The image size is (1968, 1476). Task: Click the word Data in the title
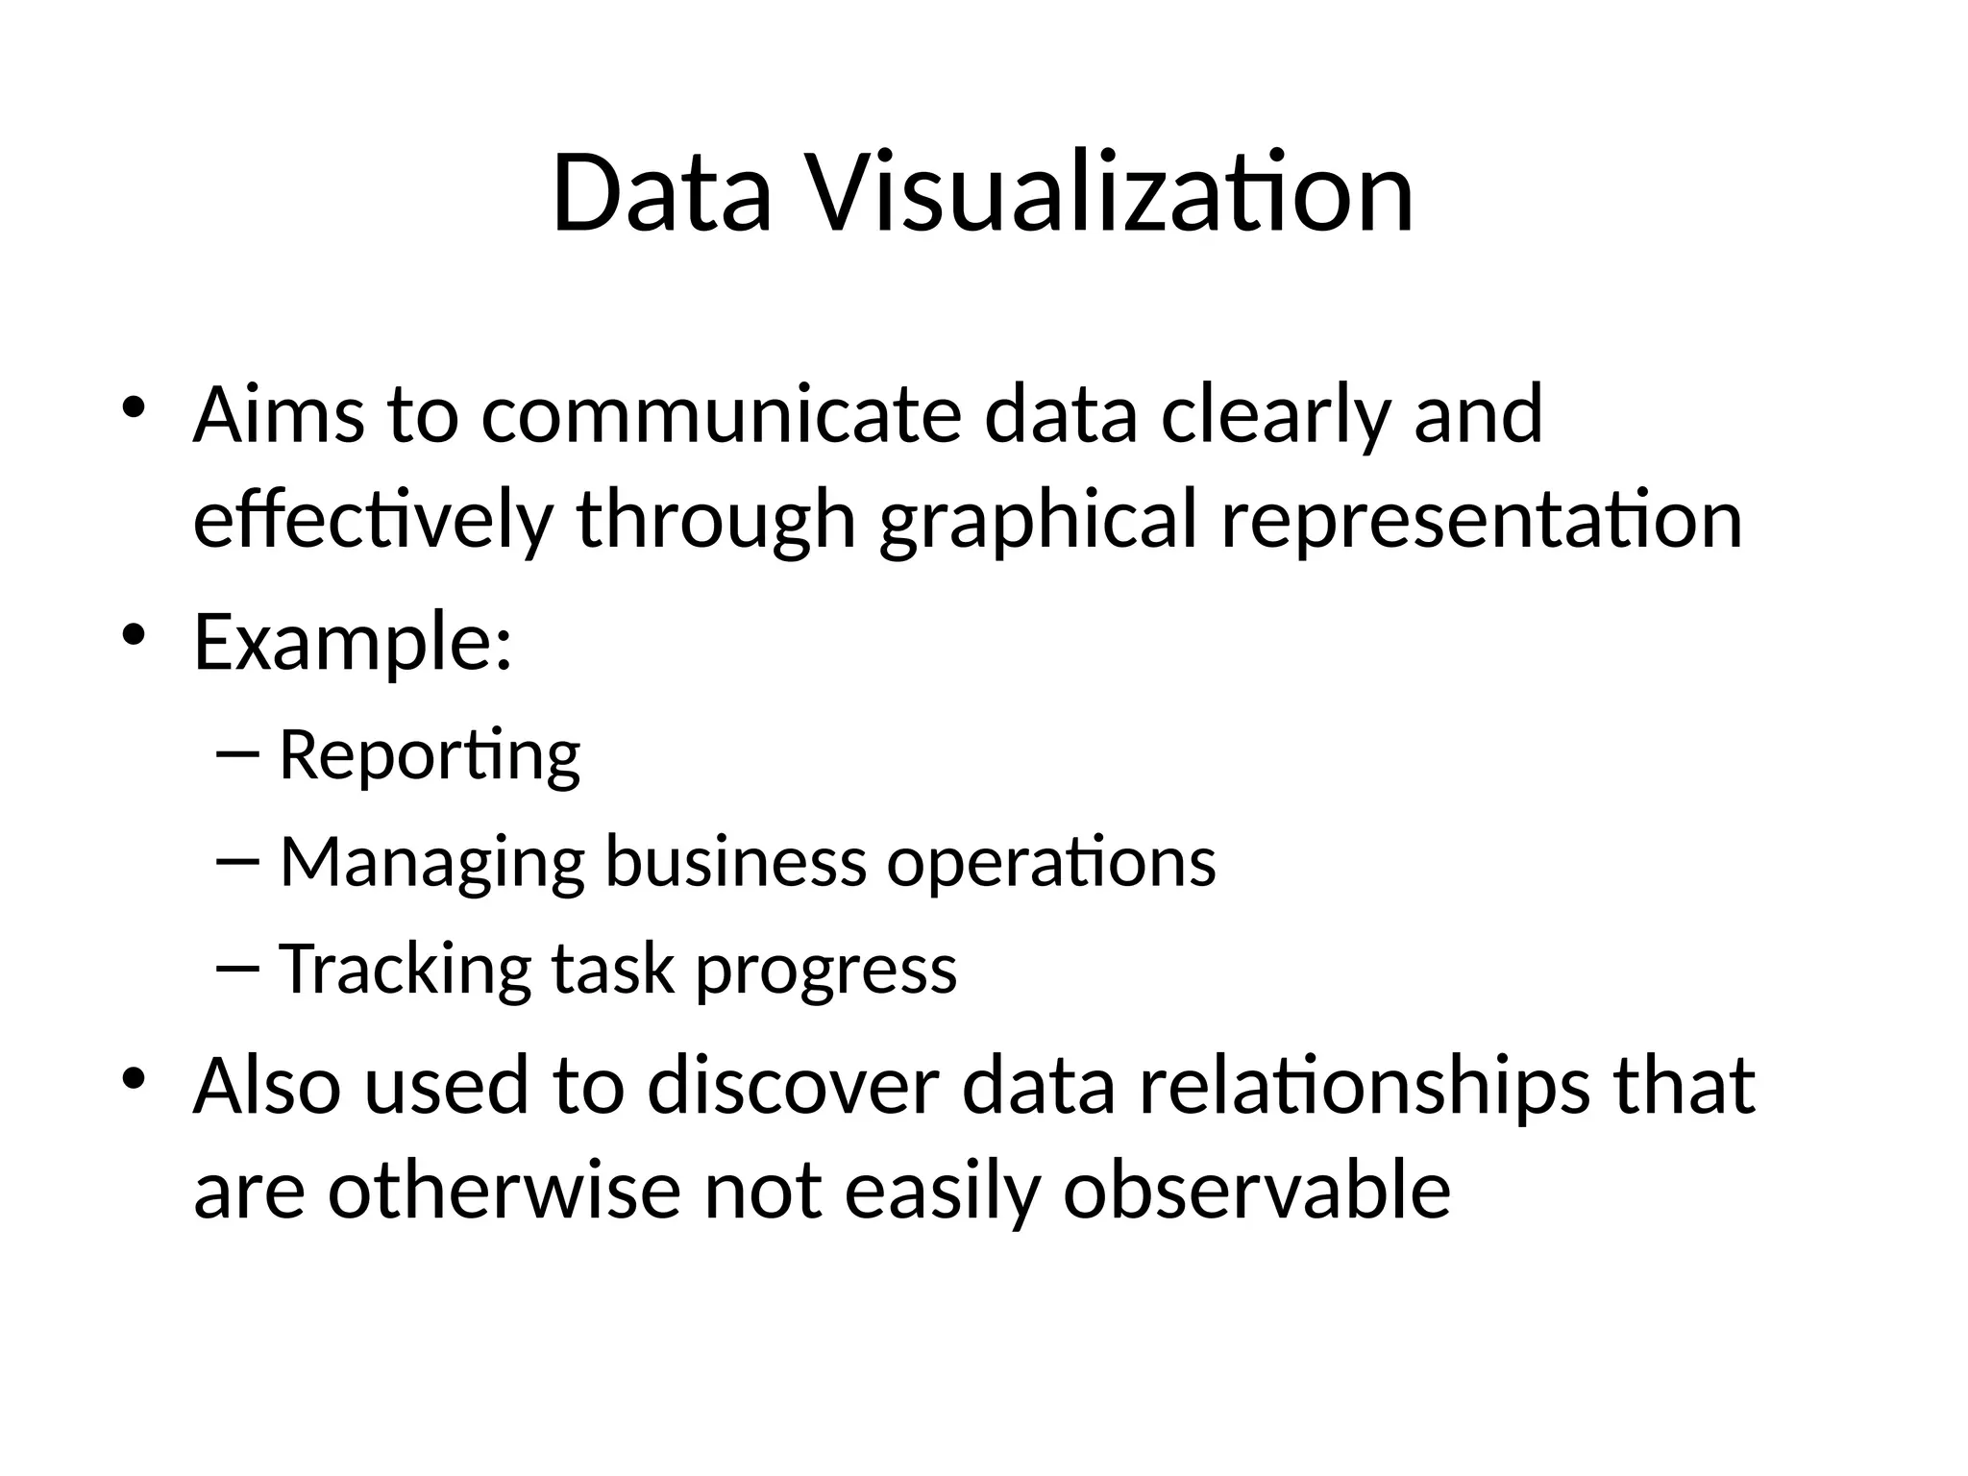click(661, 194)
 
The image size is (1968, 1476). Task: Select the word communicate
click(721, 415)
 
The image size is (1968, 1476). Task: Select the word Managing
click(432, 862)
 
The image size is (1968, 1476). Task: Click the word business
click(735, 862)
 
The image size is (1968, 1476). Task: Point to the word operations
click(1050, 862)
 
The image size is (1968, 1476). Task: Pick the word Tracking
click(405, 969)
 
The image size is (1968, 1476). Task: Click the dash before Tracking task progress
click(238, 967)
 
